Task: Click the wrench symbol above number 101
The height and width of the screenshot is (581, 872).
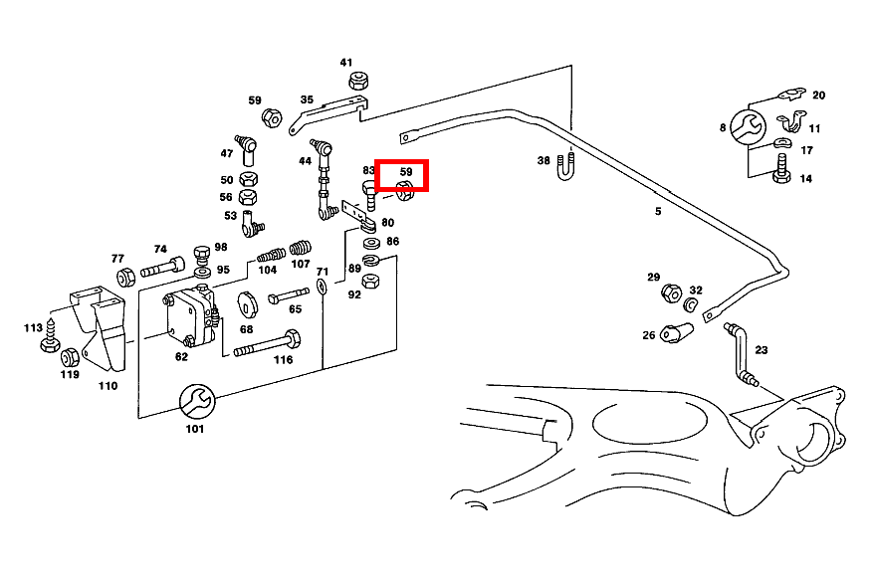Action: (x=194, y=401)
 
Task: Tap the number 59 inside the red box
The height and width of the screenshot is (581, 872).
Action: (x=405, y=171)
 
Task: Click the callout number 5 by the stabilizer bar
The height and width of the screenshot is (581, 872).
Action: (x=657, y=211)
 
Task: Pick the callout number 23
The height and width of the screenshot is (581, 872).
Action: (x=762, y=349)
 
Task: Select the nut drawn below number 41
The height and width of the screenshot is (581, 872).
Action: (x=357, y=82)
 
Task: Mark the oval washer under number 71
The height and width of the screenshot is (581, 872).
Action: (x=323, y=287)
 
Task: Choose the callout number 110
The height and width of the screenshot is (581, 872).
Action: (x=108, y=386)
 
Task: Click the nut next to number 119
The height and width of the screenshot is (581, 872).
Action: (x=70, y=357)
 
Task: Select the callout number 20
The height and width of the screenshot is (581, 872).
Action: (x=818, y=96)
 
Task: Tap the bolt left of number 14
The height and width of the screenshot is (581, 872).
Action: (x=780, y=175)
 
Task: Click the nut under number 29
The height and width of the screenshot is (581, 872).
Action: (x=670, y=293)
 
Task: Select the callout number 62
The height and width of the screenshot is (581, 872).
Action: (x=182, y=355)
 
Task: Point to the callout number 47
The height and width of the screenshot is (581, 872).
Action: (x=227, y=153)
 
